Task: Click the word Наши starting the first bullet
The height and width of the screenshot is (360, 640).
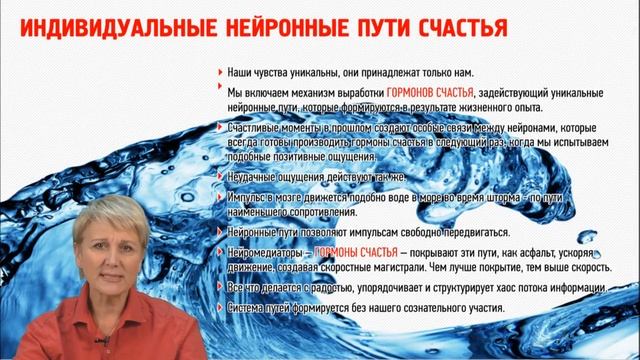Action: [x=241, y=73]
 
